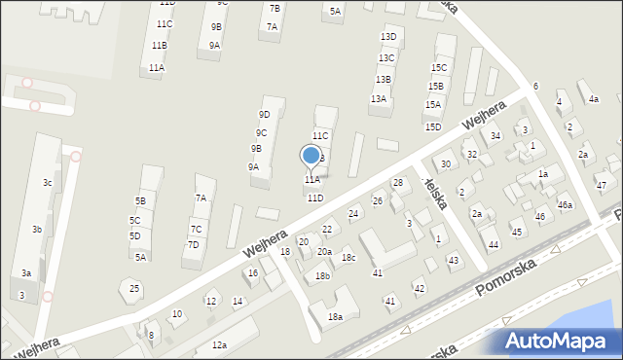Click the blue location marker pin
[311, 156]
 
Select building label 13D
[388, 37]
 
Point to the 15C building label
[439, 68]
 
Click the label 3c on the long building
[47, 183]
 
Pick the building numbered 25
[134, 288]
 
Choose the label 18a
[335, 317]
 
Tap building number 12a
[219, 345]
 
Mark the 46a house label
[565, 205]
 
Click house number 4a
[593, 99]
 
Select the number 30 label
[445, 164]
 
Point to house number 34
[495, 136]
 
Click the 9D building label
[264, 115]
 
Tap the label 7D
[193, 245]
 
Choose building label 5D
[134, 236]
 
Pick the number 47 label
[601, 186]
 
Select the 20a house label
[324, 252]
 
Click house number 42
[419, 289]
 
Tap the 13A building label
[378, 99]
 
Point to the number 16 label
[251, 273]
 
